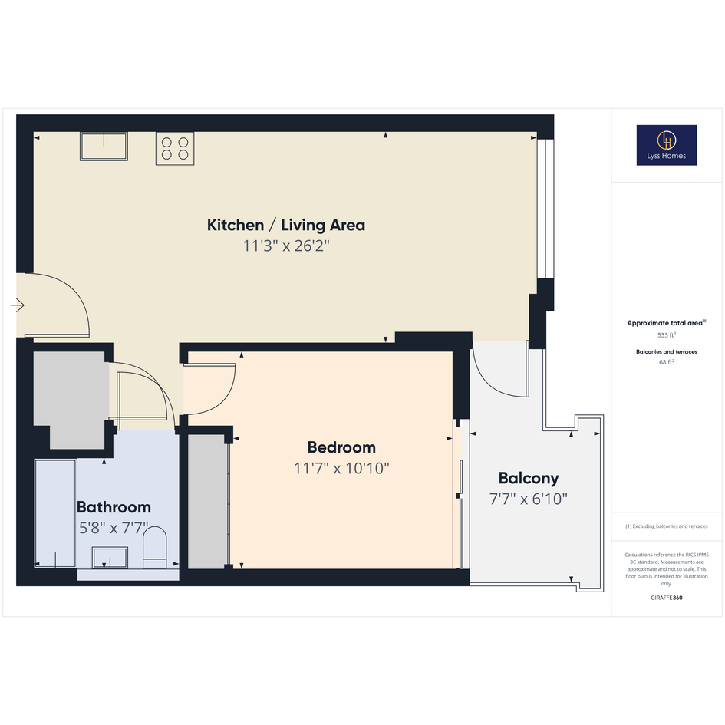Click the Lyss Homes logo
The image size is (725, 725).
[x=666, y=145]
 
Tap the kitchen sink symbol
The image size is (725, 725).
[x=104, y=147]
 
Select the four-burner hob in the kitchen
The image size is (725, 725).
[x=175, y=148]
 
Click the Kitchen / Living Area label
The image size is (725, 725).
[x=286, y=226]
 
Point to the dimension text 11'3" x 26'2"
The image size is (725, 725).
[x=286, y=246]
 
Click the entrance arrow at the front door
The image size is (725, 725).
[x=18, y=305]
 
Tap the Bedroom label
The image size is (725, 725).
[x=341, y=447]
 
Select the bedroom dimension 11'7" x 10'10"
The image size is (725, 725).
[x=341, y=469]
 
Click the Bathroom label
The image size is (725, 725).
[x=114, y=507]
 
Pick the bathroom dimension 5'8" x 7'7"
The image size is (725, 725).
[x=114, y=528]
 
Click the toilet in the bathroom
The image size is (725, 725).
[x=154, y=548]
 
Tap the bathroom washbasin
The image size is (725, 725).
[x=110, y=558]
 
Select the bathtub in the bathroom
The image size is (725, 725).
[x=55, y=514]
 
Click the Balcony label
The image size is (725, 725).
[x=529, y=479]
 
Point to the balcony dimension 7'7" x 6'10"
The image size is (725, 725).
[x=529, y=499]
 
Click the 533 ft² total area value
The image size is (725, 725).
[x=666, y=334]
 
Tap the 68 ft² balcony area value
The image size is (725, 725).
[x=666, y=362]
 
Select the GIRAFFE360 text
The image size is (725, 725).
[x=666, y=598]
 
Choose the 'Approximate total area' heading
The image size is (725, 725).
[x=666, y=323]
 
